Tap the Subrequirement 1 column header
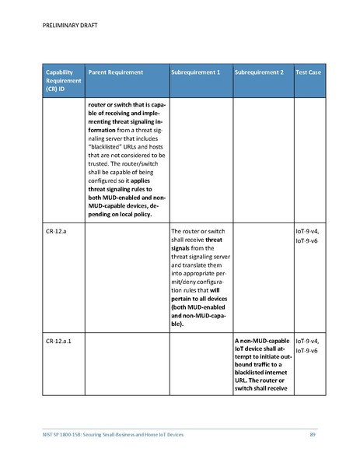(196, 72)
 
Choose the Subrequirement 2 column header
(259, 72)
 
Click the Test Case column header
(309, 72)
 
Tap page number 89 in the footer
(313, 433)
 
